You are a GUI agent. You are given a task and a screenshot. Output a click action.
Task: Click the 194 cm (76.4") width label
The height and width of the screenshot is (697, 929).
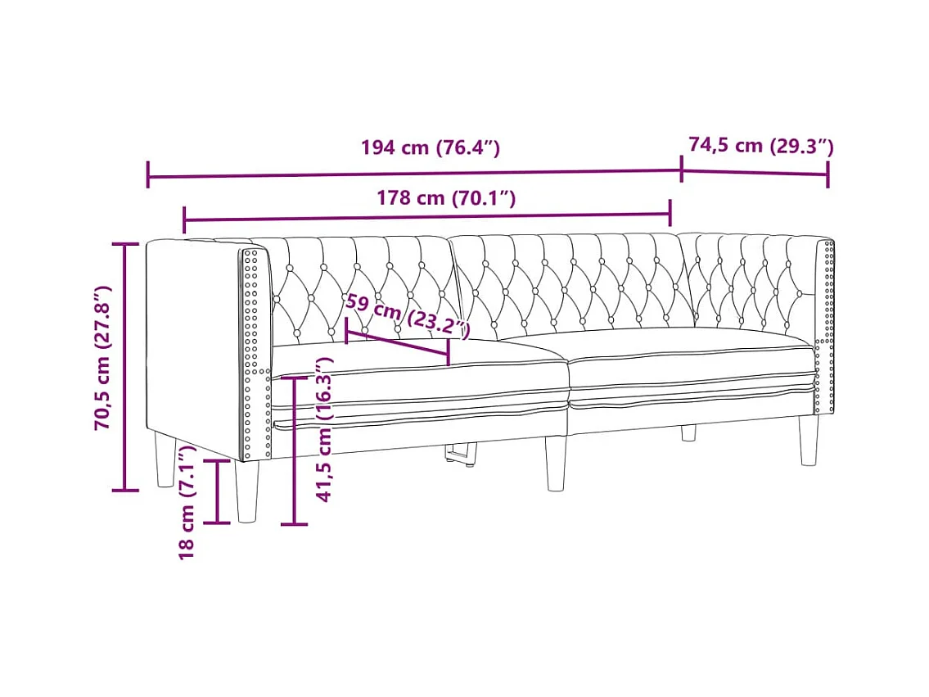[431, 147]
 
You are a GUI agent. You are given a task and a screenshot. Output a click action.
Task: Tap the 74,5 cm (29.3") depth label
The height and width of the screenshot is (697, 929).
[760, 145]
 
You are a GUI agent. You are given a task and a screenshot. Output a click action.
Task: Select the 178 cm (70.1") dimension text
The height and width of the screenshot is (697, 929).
[446, 197]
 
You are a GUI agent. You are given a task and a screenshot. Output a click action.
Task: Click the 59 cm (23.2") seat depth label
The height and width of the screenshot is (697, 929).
[408, 316]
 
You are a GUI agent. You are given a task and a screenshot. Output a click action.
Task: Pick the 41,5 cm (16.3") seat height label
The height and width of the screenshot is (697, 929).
[325, 430]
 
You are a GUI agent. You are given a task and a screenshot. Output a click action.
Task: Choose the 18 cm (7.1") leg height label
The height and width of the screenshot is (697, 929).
[187, 503]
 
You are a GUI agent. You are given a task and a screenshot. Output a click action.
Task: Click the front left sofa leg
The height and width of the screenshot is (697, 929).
[246, 491]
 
